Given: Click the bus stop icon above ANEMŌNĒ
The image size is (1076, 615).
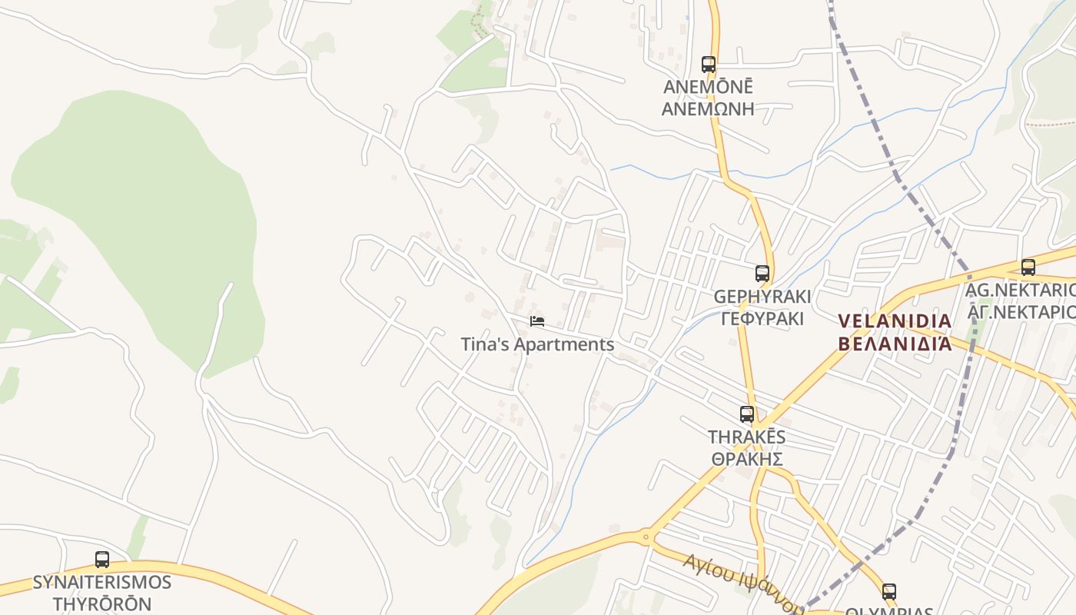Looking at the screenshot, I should point(709,65).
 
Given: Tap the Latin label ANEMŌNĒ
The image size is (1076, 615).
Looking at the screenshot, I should point(708,87).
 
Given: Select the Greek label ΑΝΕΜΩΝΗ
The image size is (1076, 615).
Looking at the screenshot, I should point(708,108).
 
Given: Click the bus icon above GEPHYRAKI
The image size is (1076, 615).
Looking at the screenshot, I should point(762,273).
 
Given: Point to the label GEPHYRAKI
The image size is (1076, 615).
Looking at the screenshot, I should point(762,297).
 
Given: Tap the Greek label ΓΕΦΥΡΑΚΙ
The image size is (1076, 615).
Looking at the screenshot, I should point(762,318).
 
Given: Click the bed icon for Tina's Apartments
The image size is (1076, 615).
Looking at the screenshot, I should point(537,321).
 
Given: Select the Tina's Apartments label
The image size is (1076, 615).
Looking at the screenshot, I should point(537,344).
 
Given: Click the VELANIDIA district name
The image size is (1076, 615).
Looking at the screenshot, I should point(895,321).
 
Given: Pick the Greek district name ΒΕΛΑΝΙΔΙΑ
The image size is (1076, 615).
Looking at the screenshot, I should point(895,343).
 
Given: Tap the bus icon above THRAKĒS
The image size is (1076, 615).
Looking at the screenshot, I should point(747,414).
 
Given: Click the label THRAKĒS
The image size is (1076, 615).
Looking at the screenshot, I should point(746,437).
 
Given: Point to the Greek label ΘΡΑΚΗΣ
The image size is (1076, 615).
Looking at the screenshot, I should point(746,459).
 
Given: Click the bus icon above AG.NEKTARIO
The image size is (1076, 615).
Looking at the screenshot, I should point(1028,268).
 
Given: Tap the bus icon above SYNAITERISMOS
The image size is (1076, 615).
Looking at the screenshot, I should point(102,560).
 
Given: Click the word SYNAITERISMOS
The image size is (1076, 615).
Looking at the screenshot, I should point(101,583).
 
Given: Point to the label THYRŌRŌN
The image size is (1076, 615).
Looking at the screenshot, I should point(101,603).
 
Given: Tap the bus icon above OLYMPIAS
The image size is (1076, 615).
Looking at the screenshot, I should point(889,592).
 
